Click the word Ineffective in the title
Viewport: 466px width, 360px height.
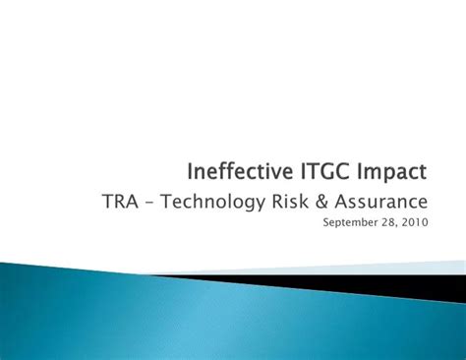point(241,173)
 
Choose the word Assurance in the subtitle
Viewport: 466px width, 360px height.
point(382,203)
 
